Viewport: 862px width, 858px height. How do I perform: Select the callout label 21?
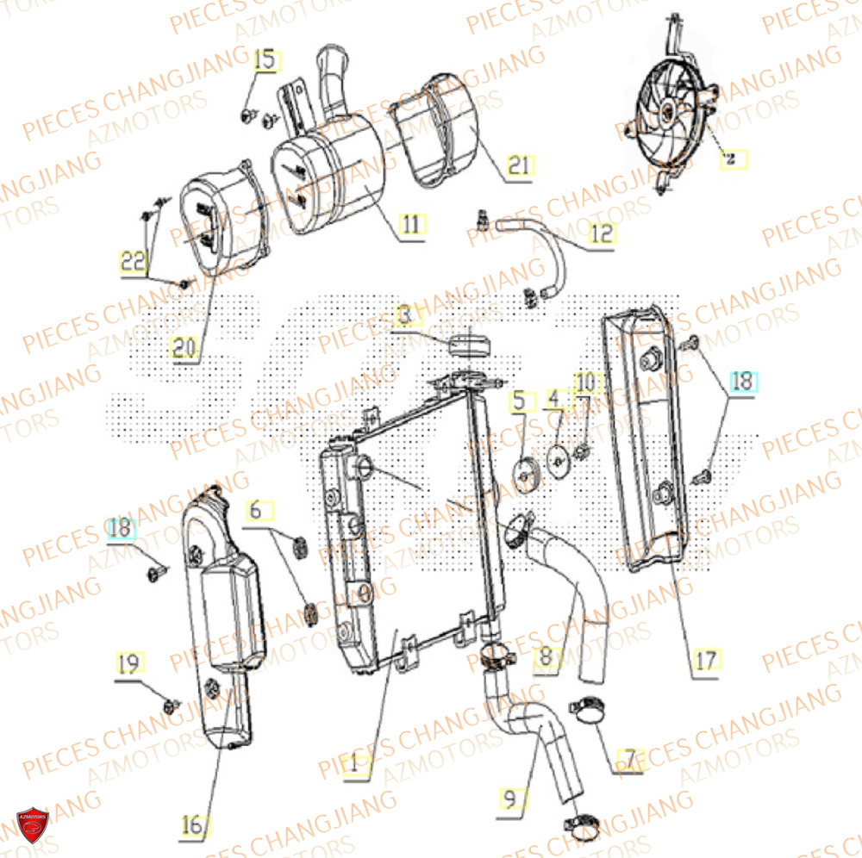click(x=519, y=165)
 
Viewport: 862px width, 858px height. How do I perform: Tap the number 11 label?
click(x=413, y=225)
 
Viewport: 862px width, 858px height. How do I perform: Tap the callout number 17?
click(x=705, y=660)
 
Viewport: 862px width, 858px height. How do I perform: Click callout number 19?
click(x=128, y=664)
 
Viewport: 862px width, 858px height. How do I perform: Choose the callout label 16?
click(x=194, y=825)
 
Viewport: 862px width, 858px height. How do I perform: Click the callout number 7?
click(x=628, y=760)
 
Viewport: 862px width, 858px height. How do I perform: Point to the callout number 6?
click(x=255, y=511)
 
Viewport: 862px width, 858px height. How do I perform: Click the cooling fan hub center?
click(x=669, y=111)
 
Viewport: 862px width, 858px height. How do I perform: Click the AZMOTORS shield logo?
click(x=33, y=824)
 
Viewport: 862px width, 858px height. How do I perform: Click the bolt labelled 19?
click(x=171, y=706)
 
